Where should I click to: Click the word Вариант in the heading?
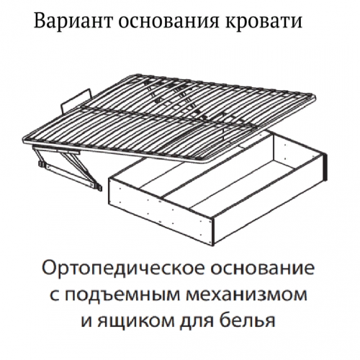73,21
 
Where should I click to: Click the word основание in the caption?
262,268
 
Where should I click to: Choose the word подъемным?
122,294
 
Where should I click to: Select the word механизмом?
246,294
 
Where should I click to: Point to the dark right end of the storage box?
325,166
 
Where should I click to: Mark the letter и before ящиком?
86,320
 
